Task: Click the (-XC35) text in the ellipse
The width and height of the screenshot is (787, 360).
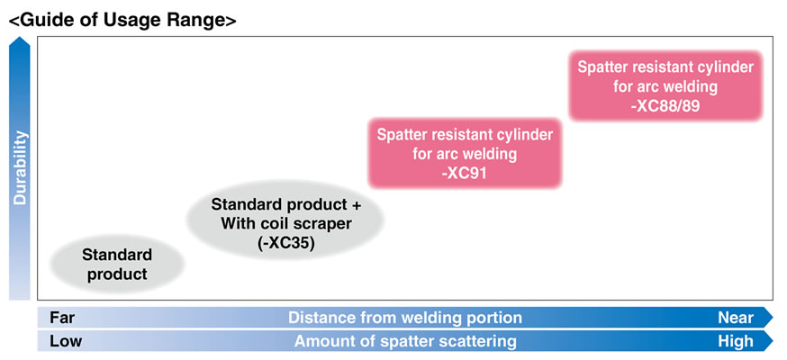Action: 285,242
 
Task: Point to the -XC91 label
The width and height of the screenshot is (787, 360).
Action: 465,173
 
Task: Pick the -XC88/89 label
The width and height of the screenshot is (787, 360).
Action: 665,105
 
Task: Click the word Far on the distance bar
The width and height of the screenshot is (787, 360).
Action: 62,318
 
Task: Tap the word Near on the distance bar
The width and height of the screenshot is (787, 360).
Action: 735,318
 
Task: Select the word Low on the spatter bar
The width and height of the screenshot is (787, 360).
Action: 65,341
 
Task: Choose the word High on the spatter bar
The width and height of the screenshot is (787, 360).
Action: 736,341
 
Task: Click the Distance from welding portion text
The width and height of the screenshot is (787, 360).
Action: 404,318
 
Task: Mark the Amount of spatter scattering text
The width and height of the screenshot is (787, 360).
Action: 405,341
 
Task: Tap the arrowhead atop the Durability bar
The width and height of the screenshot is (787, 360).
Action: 20,47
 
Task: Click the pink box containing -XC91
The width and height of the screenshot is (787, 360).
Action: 465,153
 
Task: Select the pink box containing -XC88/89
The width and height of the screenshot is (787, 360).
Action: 665,86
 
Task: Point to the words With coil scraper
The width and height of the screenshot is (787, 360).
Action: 285,222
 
